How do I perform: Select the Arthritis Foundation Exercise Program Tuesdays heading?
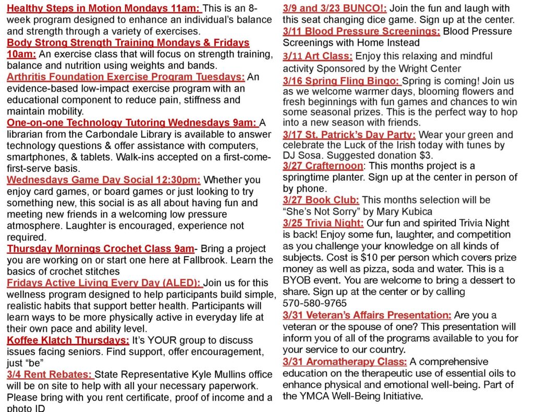[126, 77]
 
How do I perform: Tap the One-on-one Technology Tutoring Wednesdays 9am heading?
[132, 123]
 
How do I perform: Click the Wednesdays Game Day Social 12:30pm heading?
[104, 180]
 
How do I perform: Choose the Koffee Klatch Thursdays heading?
[68, 340]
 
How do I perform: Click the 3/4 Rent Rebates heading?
[50, 374]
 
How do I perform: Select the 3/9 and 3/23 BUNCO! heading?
[335, 9]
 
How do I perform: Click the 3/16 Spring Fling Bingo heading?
[342, 81]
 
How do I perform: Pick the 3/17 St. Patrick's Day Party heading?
[349, 135]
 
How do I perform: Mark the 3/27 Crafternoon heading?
[323, 166]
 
